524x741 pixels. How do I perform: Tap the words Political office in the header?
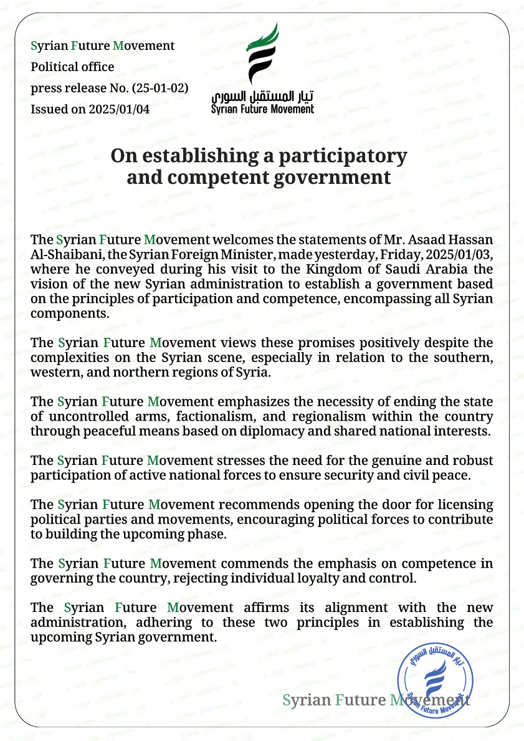(x=73, y=67)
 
